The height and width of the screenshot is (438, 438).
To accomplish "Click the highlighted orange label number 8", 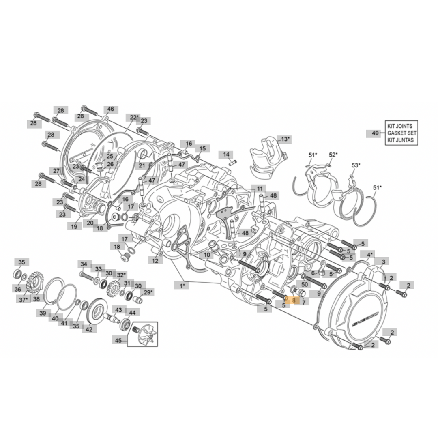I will pos(293,301).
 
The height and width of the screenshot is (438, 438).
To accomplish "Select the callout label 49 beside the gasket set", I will pos(374,133).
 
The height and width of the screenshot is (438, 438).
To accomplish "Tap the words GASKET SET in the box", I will pos(401,133).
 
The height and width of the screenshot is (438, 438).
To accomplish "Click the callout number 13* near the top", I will pos(285,139).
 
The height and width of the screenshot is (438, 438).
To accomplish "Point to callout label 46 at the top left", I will pos(110,109).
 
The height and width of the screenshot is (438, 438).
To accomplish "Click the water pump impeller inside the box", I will pos(144,335).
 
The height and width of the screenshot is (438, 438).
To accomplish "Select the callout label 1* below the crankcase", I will pos(182,286).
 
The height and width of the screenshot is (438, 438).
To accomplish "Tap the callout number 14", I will pos(226,155).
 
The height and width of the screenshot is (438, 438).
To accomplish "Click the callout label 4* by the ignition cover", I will pos(369,255).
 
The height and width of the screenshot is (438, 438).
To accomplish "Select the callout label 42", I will pos(89,329).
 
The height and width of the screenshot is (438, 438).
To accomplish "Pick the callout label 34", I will pos(84,264).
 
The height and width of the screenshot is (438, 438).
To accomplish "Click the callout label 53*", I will pos(356,165).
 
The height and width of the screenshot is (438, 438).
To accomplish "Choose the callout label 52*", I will pos(333,155).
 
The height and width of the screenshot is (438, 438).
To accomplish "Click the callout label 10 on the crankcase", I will pos(207,255).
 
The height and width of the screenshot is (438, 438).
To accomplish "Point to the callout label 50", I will pos(305,284).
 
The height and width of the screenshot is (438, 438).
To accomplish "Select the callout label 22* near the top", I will pos(134,117).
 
